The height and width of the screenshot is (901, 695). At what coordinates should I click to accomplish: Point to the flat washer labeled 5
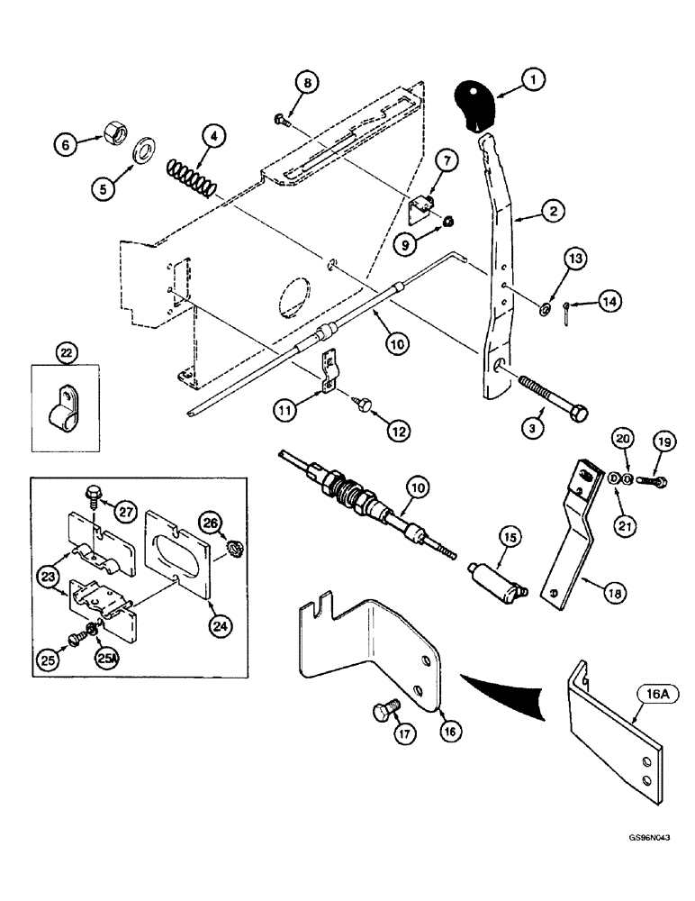(x=143, y=150)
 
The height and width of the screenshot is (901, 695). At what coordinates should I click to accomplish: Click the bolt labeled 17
(x=384, y=715)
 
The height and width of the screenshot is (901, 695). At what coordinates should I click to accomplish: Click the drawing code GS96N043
(x=643, y=862)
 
